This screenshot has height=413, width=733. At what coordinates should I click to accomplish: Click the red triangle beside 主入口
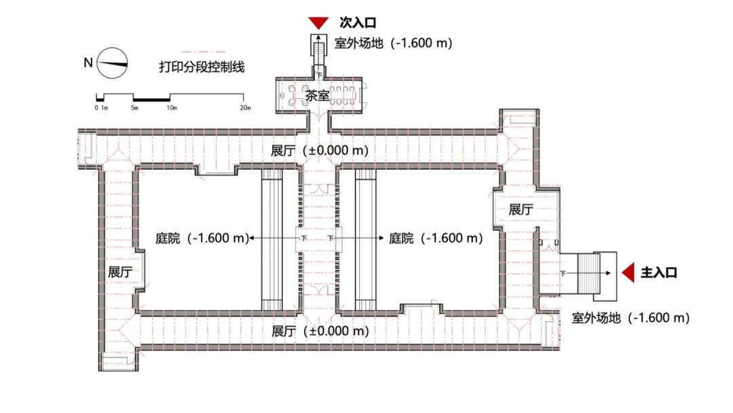tap(628, 272)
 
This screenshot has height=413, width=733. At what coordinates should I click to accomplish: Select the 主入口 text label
tap(659, 273)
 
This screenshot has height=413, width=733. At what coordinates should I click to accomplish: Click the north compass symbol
tap(113, 63)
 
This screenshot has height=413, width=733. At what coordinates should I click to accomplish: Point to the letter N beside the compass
tap(88, 63)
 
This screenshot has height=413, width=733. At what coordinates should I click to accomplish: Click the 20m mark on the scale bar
tap(245, 108)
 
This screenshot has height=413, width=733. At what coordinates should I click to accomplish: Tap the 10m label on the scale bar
tap(171, 108)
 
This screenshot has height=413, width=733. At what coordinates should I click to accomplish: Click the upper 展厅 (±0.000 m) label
tap(320, 151)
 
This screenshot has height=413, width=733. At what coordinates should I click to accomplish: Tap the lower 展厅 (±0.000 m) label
tap(320, 331)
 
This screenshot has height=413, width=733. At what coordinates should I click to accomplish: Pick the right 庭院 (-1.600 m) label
tap(435, 238)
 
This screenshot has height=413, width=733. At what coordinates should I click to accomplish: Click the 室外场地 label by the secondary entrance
tap(393, 43)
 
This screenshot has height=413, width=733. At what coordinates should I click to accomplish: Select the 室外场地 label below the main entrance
tap(631, 317)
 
